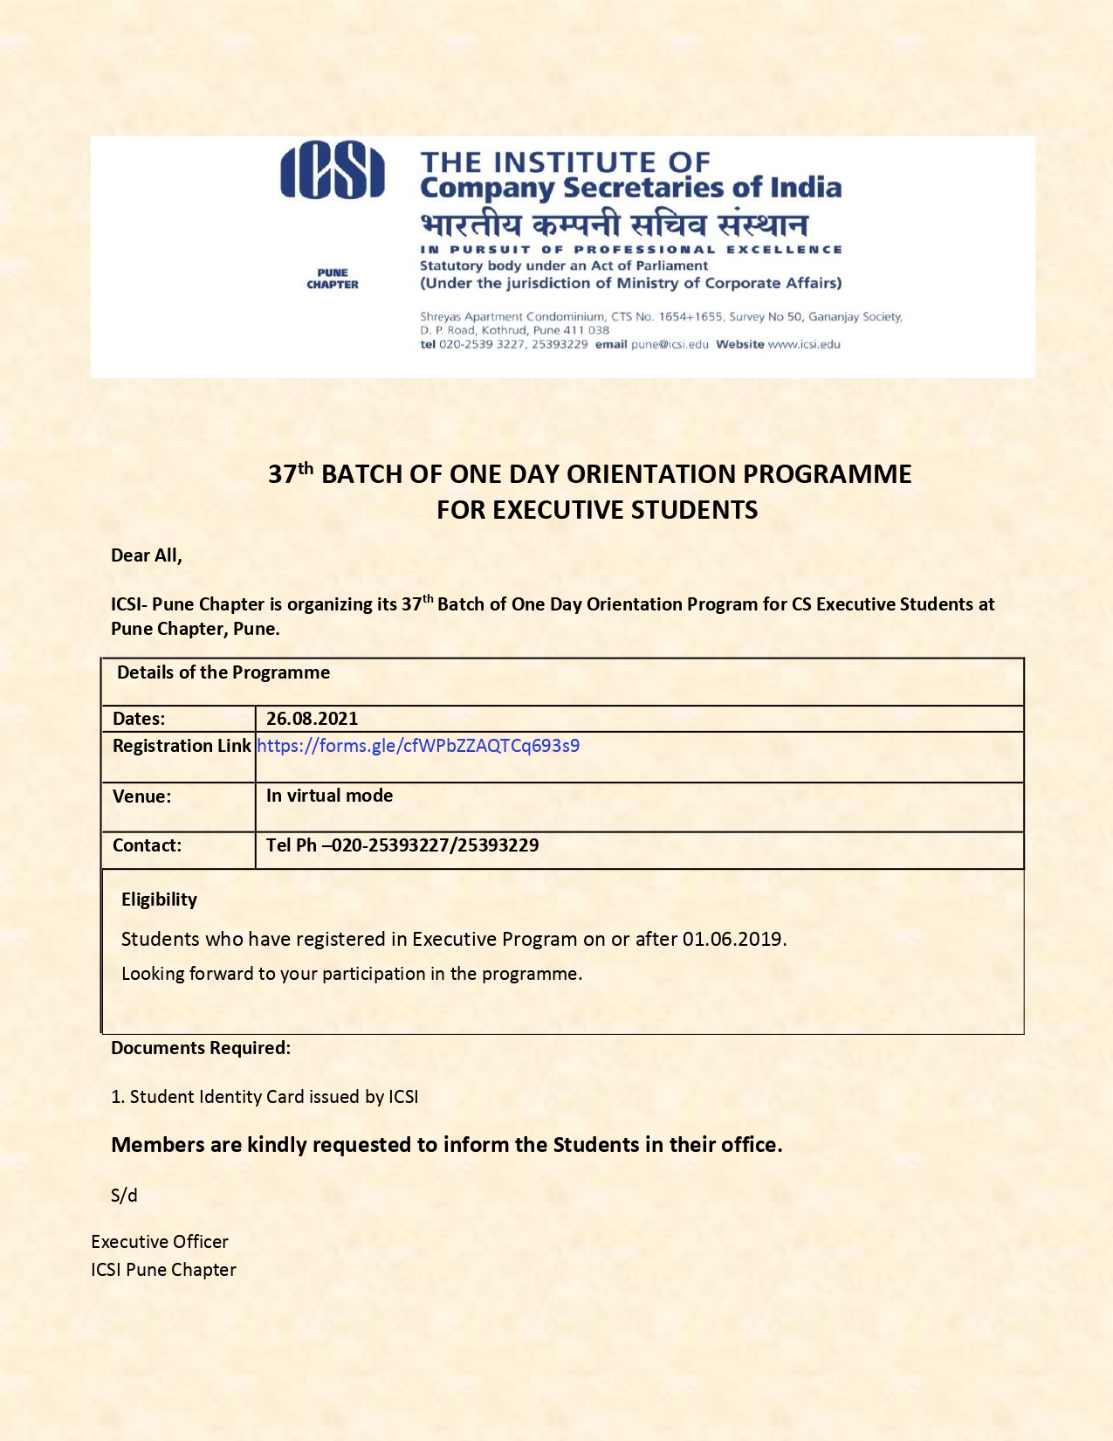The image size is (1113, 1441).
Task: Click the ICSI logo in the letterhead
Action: (332, 172)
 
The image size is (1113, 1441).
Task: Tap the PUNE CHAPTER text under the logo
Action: (333, 279)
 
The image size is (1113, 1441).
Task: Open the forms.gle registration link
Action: (418, 746)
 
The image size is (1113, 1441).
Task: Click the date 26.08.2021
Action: (312, 719)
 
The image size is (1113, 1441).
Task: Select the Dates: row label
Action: (139, 719)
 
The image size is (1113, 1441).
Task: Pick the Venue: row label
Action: (141, 796)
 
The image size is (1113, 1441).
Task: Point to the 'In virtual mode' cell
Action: (329, 796)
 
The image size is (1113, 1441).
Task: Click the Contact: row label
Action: (147, 845)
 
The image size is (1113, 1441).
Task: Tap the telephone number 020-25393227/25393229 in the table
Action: (435, 845)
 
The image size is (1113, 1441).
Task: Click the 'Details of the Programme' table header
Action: (223, 672)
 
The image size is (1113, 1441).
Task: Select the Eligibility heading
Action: (159, 900)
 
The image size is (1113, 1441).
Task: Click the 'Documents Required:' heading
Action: (201, 1048)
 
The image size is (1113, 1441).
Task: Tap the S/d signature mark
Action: (124, 1196)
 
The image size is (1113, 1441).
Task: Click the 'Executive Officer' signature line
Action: (160, 1242)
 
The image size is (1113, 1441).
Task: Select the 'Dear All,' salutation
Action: (147, 555)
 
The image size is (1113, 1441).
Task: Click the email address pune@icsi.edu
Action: (670, 344)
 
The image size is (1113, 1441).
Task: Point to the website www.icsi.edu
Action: (804, 344)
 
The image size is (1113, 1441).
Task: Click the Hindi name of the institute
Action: (614, 224)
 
